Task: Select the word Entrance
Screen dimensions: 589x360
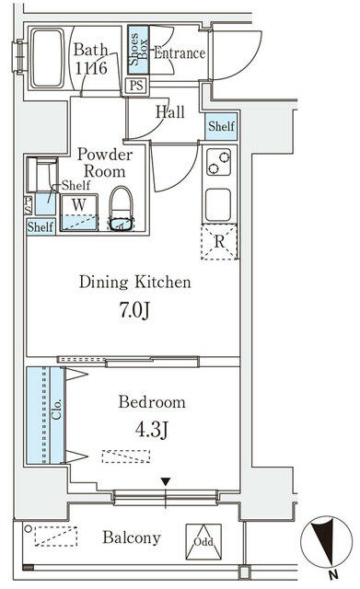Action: tap(179, 53)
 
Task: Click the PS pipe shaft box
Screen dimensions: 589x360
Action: tap(135, 87)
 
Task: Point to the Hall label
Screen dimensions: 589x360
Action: tap(169, 112)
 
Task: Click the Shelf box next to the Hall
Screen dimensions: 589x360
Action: tap(221, 126)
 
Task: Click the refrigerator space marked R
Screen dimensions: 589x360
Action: tap(219, 242)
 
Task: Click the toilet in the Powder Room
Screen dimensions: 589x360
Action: tap(122, 207)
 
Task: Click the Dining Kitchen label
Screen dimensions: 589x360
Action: tap(134, 283)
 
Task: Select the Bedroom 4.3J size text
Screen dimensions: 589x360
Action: tap(151, 428)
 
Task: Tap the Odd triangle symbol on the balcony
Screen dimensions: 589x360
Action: tap(202, 540)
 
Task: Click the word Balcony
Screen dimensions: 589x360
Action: tap(132, 538)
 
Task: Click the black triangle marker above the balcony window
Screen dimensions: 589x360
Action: tap(166, 481)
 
